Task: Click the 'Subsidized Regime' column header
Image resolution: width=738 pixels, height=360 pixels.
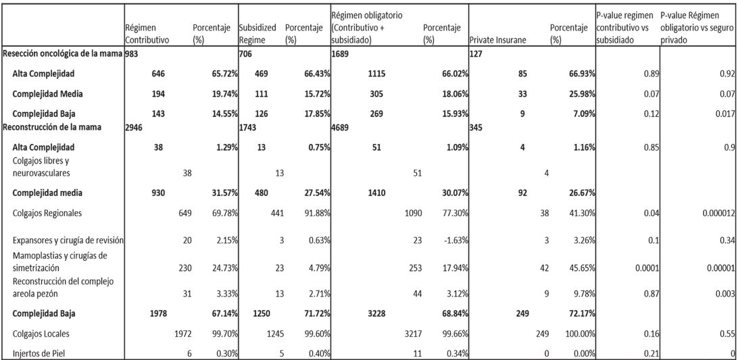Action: pos(257,34)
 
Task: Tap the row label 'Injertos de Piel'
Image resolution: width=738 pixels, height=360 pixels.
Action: pos(41,353)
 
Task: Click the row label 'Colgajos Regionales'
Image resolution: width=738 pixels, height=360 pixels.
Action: pos(47,213)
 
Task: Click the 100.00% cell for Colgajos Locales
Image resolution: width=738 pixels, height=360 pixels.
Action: pos(579,332)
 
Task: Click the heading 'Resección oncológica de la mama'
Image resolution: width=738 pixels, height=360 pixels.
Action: pos(62,53)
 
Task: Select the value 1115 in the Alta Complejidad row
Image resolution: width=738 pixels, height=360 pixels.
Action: pos(369,72)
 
